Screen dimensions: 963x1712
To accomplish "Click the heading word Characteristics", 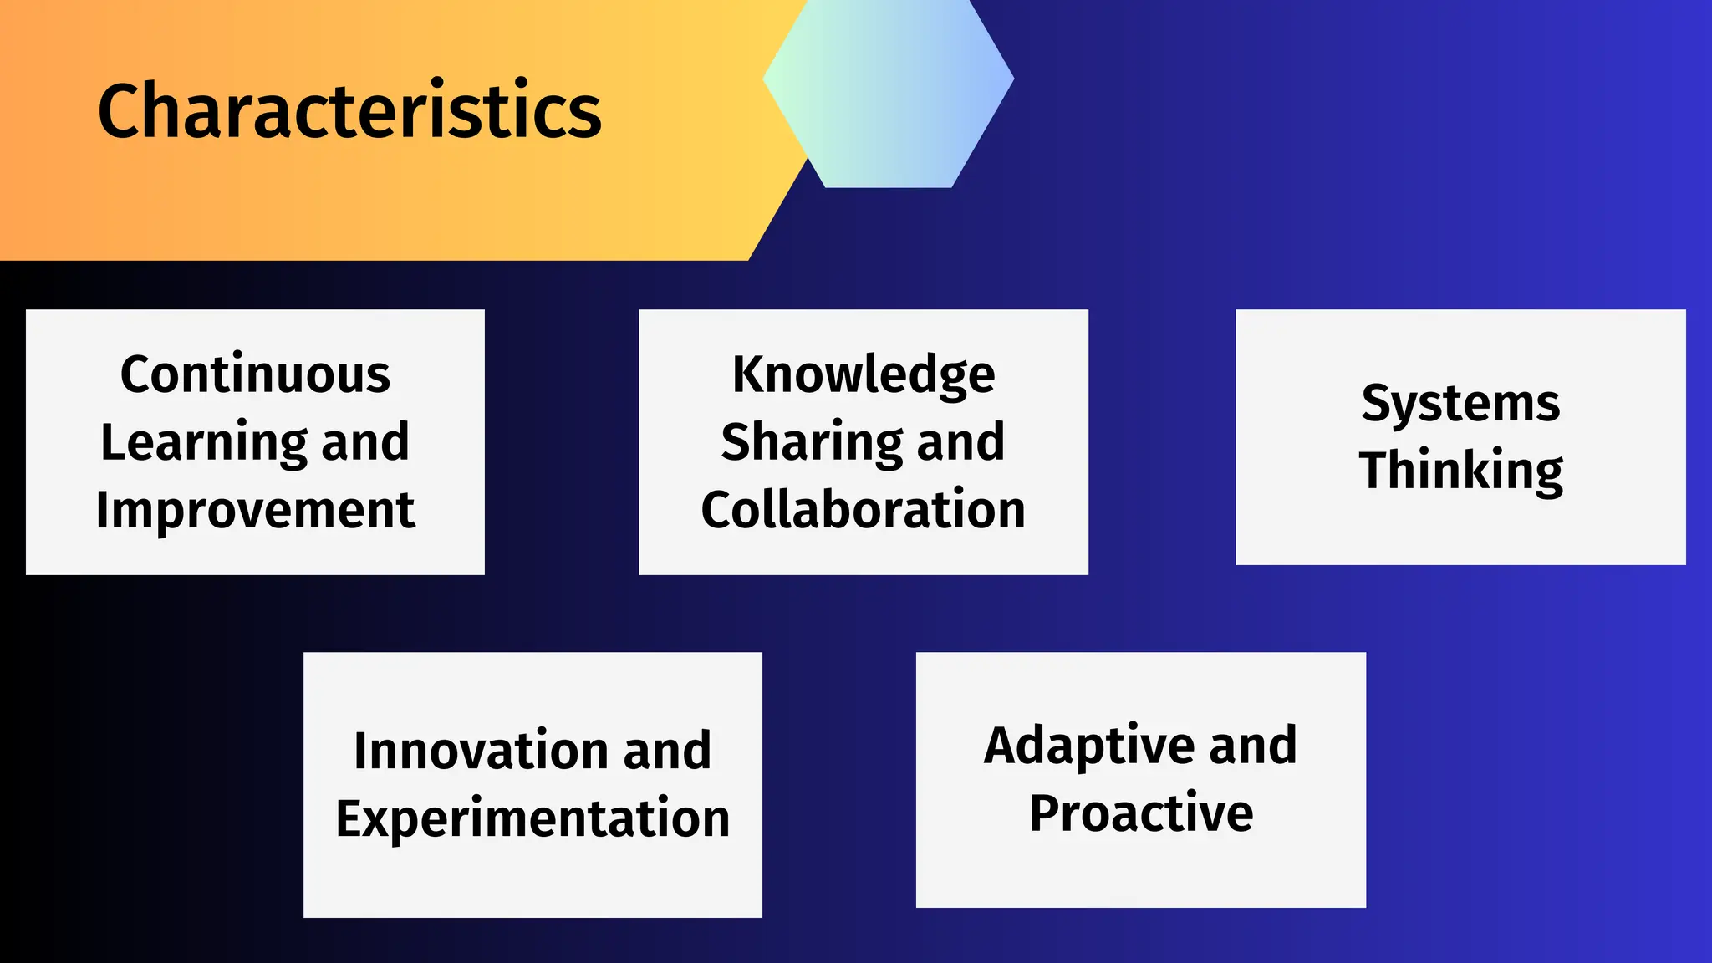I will point(349,110).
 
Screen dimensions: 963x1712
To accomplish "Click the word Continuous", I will point(255,374).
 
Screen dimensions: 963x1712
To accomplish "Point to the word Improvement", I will point(255,509).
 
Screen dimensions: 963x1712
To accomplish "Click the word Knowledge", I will point(864,374).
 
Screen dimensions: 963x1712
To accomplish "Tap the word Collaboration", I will point(864,509).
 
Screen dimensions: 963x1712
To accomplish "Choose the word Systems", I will point(1460,403).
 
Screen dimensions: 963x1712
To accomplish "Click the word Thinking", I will point(1460,470).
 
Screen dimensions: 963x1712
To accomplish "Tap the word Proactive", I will point(1141,813).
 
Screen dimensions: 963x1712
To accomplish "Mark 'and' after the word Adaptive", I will point(1252,745).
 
